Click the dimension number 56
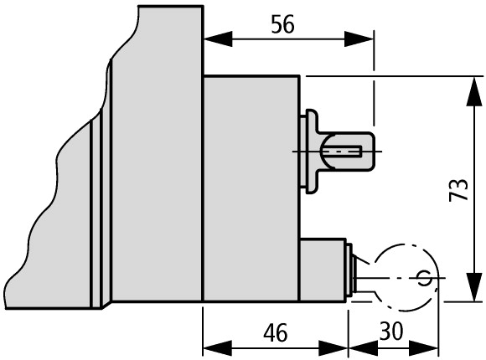pyautogui.click(x=282, y=24)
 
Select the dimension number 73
pyautogui.click(x=458, y=189)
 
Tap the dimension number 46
pyautogui.click(x=275, y=332)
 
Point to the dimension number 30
pyautogui.click(x=391, y=332)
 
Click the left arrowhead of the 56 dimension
pyautogui.click(x=218, y=39)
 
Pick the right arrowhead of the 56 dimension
pyautogui.click(x=359, y=39)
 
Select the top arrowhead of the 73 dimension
pyautogui.click(x=474, y=92)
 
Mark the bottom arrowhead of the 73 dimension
pyautogui.click(x=474, y=287)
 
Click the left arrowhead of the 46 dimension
pyautogui.click(x=217, y=348)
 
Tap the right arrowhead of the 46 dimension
pyautogui.click(x=333, y=348)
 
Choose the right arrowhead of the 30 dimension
pyautogui.click(x=424, y=348)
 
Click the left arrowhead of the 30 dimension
pyautogui.click(x=364, y=348)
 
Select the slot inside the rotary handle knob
pyautogui.click(x=342, y=152)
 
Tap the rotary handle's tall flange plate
pyautogui.click(x=312, y=152)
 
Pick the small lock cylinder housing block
pyautogui.click(x=323, y=270)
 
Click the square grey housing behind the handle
pyautogui.click(x=251, y=188)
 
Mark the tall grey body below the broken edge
pyautogui.click(x=157, y=155)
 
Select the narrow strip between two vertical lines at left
pyautogui.click(x=96, y=213)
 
